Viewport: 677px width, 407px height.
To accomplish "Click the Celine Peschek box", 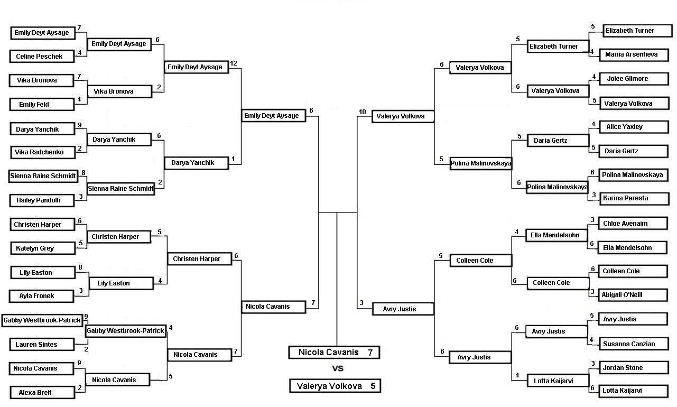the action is (x=42, y=56).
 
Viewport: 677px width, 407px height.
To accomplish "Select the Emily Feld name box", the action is (x=42, y=104).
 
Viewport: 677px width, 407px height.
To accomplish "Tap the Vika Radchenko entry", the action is (x=42, y=152).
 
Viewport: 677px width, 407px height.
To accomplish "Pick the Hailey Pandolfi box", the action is (x=42, y=200).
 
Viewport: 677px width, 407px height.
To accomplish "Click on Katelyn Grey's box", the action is (x=42, y=248).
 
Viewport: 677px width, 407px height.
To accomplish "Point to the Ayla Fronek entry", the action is (x=41, y=296).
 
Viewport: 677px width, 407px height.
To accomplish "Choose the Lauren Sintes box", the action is (x=42, y=345).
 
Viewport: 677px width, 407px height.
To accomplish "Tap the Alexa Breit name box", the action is (x=42, y=393).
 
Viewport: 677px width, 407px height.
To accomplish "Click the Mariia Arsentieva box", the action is (x=634, y=55).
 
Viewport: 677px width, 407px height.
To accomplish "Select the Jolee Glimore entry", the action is (x=634, y=79).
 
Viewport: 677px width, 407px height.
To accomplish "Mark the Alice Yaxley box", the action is (x=634, y=127).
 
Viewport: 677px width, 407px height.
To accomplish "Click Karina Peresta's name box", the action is (x=634, y=198).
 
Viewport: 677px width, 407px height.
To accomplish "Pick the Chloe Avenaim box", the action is (x=633, y=224).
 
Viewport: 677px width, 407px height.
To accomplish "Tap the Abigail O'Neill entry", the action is (x=633, y=295).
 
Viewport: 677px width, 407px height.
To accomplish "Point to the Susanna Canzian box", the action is (x=634, y=344).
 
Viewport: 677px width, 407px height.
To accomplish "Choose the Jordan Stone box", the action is (x=634, y=368).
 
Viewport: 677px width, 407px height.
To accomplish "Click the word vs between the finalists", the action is (x=338, y=368).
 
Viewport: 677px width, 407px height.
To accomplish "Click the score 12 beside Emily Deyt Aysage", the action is (x=233, y=63).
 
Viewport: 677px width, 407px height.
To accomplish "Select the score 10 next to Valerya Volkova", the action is (x=363, y=112).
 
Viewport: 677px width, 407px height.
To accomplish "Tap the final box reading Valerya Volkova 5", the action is (x=335, y=386).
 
